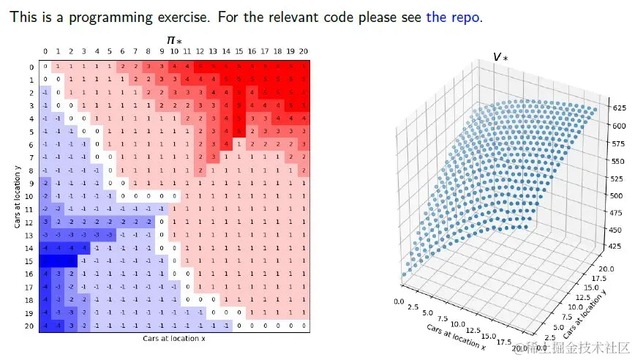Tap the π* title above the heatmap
coord(175,40)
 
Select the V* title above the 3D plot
coord(501,57)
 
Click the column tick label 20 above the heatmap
coord(303,52)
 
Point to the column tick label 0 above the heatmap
coord(45,52)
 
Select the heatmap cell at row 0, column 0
coord(45,67)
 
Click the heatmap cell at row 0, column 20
coord(303,67)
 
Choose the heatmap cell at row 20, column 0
coord(45,326)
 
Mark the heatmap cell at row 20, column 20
coord(303,326)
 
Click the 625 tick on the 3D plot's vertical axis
coord(620,108)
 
